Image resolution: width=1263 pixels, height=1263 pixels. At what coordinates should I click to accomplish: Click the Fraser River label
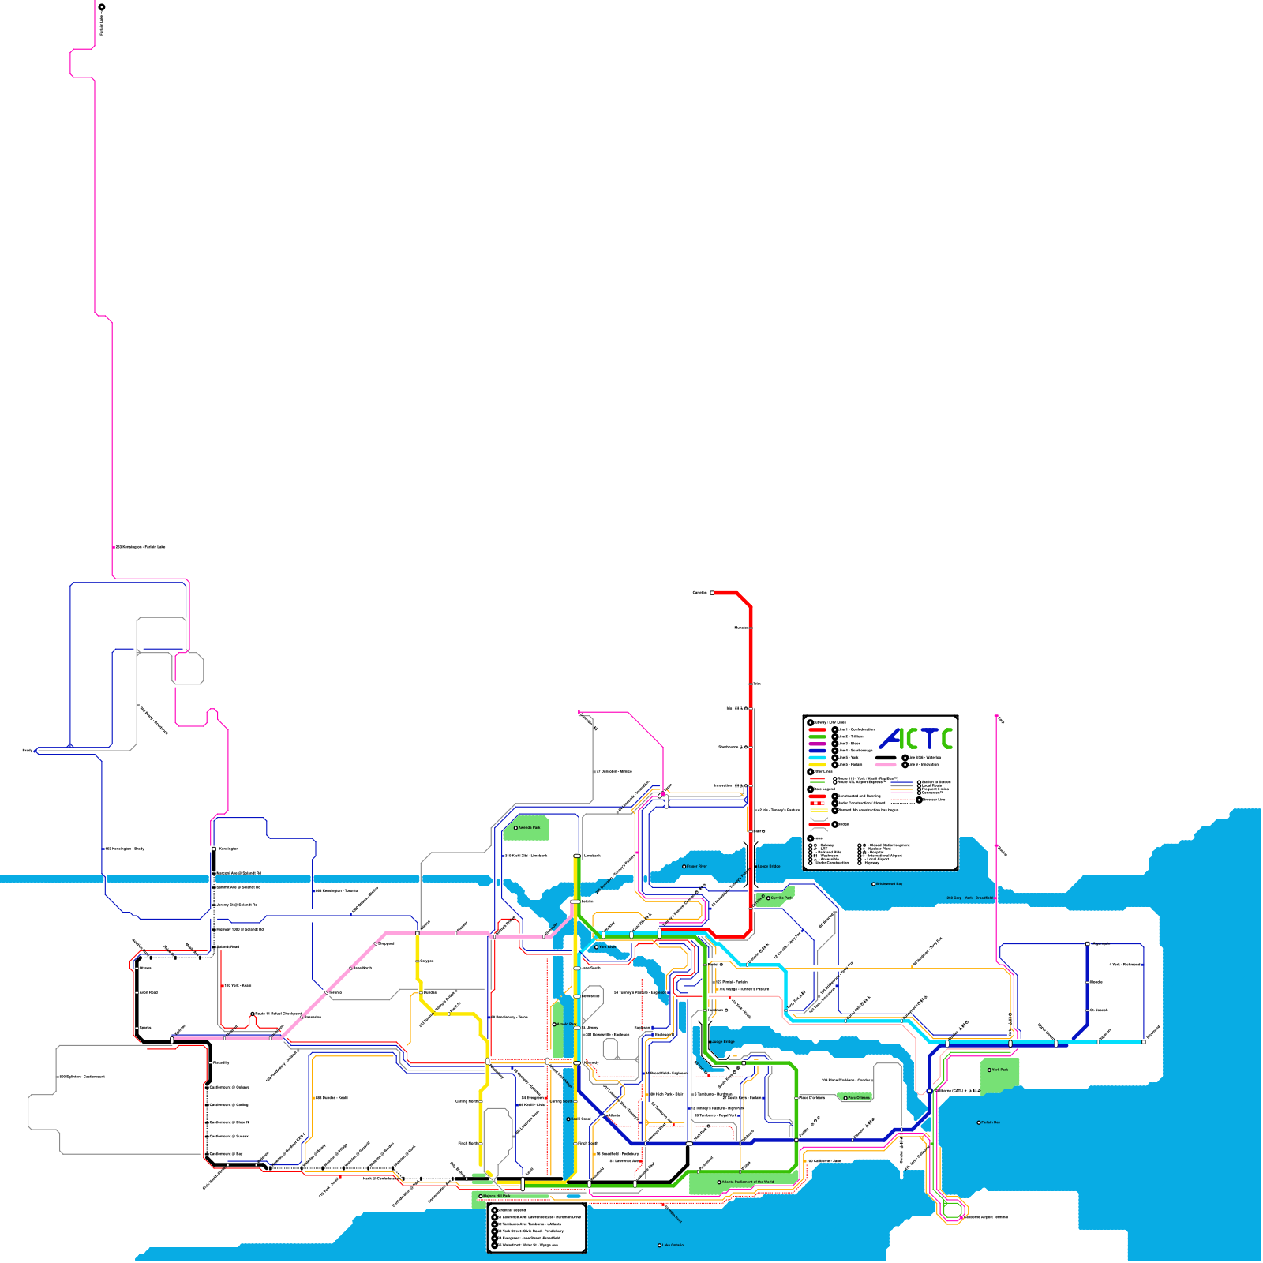(696, 866)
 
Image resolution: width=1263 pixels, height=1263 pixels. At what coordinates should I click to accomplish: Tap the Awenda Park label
(528, 828)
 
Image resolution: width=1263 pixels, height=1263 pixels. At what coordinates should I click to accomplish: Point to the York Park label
(999, 1070)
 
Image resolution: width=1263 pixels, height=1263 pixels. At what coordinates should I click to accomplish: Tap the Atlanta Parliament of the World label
(746, 1182)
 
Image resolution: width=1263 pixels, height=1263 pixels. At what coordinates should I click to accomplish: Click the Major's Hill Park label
(496, 1197)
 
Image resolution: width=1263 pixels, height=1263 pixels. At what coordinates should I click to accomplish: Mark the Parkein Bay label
(990, 1122)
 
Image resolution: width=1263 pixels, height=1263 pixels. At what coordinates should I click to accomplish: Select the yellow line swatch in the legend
(817, 764)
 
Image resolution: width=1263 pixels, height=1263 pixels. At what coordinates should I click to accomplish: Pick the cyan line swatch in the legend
(817, 758)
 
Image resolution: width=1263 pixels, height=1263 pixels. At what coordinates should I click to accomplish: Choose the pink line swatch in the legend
(886, 764)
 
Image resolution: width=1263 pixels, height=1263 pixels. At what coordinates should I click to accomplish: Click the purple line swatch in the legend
(817, 744)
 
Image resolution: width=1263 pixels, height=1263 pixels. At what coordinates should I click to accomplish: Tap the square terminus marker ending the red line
(712, 593)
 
